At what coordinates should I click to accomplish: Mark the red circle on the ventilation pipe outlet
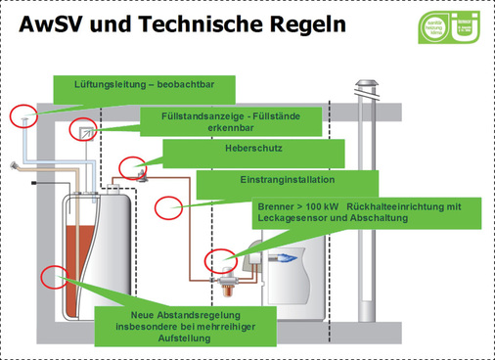coord(24,115)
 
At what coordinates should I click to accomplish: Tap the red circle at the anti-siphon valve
coord(132,167)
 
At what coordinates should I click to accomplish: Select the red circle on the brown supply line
coord(170,206)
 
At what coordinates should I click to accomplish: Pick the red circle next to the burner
coord(218,261)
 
